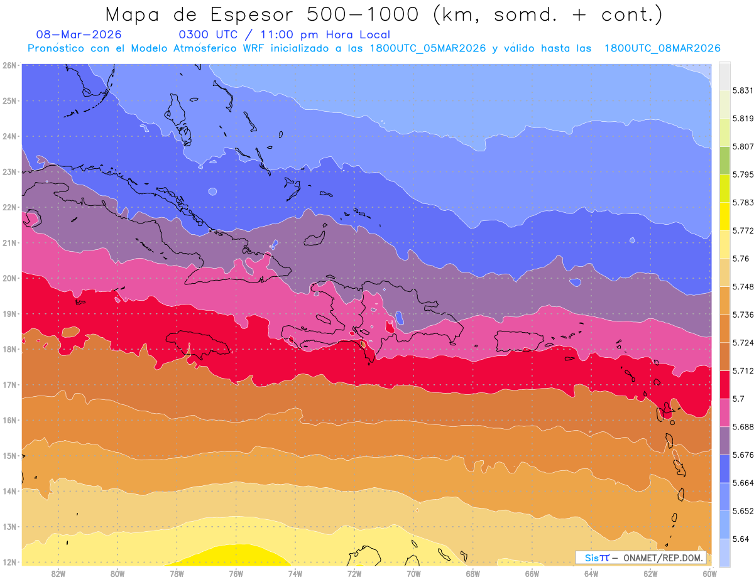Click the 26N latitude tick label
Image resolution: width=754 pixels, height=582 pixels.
[9, 65]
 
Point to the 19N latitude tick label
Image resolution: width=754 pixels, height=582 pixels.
[9, 314]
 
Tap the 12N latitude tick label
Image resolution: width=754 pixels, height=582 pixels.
[9, 562]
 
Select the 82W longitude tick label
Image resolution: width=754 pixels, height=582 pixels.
[58, 573]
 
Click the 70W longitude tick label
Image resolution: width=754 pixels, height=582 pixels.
[413, 573]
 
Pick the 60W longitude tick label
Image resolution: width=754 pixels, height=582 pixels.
[709, 573]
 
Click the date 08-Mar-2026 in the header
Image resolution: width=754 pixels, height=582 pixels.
[79, 35]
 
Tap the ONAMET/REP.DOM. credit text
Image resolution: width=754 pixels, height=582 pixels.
[664, 558]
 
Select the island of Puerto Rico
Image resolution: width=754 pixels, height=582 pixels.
[519, 340]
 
